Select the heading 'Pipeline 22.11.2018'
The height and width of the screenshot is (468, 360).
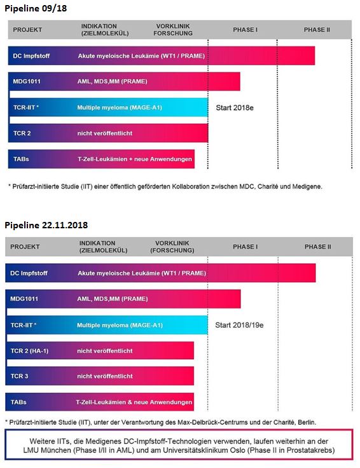coord(46,225)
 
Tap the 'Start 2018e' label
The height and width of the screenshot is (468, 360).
coord(235,107)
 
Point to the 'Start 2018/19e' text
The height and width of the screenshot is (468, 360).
coord(239,325)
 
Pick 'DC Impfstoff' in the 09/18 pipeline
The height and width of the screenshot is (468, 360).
coord(31,55)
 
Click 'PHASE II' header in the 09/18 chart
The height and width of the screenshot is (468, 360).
coord(317,30)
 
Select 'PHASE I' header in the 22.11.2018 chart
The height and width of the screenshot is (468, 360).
coord(245,247)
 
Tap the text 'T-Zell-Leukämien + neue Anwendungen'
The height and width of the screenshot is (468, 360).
coord(135,159)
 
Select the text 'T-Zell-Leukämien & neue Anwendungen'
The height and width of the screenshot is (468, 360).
coord(134,402)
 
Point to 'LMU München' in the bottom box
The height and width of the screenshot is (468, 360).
coord(52,450)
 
